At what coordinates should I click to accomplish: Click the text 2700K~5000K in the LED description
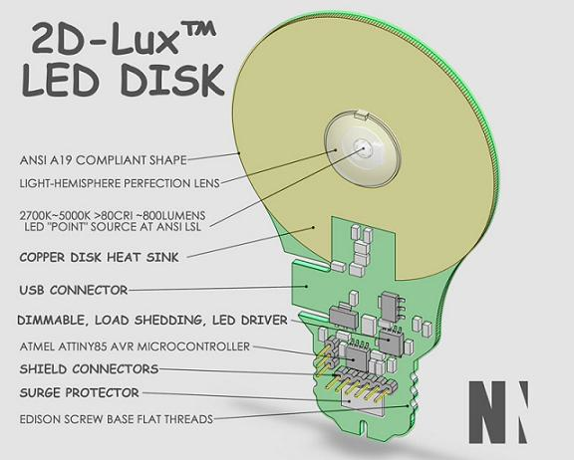[56, 213]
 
